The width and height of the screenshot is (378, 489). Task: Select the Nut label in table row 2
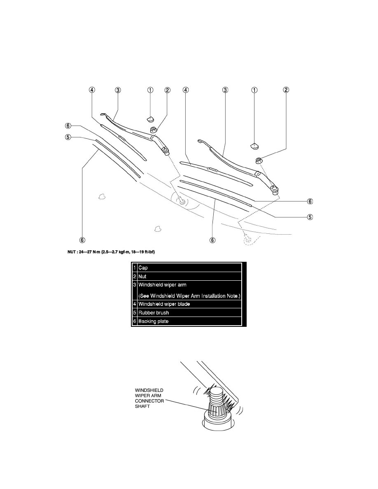tap(142, 277)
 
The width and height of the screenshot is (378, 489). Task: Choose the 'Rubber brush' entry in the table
tap(154, 313)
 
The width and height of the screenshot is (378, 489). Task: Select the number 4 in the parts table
tap(135, 304)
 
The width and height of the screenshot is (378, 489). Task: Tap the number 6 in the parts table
tap(135, 321)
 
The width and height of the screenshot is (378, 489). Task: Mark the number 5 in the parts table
tap(135, 313)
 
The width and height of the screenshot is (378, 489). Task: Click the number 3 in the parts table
tap(135, 286)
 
